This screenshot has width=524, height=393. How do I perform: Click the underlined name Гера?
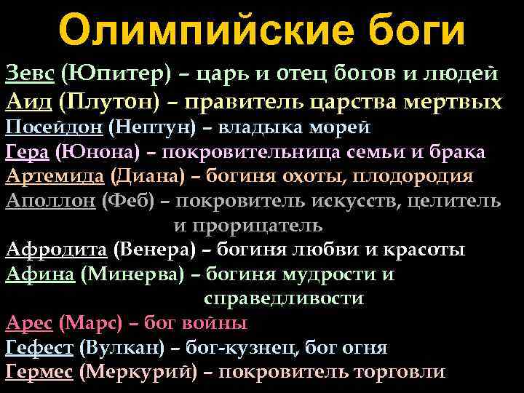tap(26, 152)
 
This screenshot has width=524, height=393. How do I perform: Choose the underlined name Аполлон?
tap(49, 202)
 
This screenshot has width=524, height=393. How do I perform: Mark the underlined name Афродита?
tap(57, 250)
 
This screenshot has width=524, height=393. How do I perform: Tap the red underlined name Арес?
tap(28, 323)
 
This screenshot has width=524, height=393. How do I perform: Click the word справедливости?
tap(284, 298)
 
